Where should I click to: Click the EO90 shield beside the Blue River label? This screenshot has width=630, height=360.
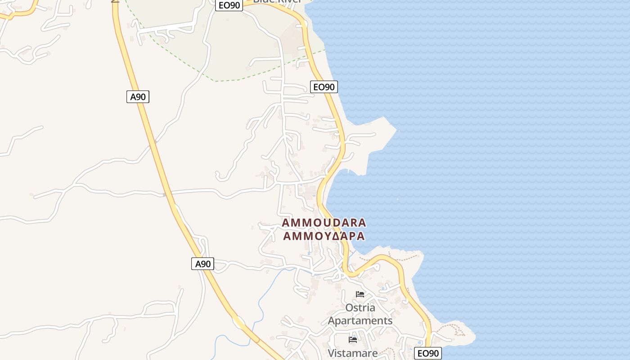229,5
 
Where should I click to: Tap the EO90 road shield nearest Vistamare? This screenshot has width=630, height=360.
427,353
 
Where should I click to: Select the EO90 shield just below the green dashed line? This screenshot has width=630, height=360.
324,87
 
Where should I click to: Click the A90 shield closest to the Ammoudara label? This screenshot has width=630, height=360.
202,264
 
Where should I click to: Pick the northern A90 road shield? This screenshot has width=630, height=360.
138,97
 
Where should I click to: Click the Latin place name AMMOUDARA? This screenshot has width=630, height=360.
324,223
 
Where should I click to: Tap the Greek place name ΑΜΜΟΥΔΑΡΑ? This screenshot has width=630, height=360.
324,236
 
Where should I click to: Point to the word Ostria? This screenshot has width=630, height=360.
360,308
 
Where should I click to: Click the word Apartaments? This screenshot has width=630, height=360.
360,321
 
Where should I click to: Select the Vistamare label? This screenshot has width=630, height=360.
353,353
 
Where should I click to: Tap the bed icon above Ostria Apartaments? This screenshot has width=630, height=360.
360,294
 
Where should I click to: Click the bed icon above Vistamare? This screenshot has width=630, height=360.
353,340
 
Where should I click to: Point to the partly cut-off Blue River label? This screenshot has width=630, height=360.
277,2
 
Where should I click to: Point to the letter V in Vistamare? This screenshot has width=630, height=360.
331,353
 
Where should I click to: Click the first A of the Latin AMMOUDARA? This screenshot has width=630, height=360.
285,223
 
